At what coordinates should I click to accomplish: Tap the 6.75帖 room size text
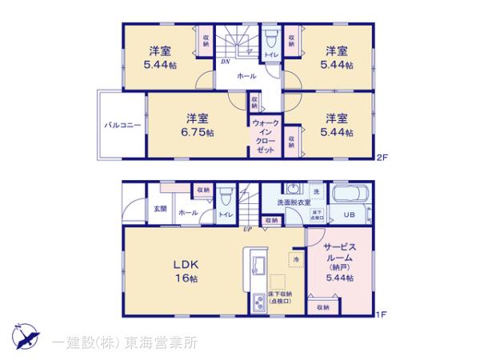click(196, 132)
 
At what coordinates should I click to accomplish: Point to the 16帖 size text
click(190, 278)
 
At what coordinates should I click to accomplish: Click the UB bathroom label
click(349, 215)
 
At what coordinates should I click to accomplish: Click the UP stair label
click(249, 229)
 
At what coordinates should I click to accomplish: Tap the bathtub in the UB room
click(348, 195)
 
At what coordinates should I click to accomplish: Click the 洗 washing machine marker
click(314, 192)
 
